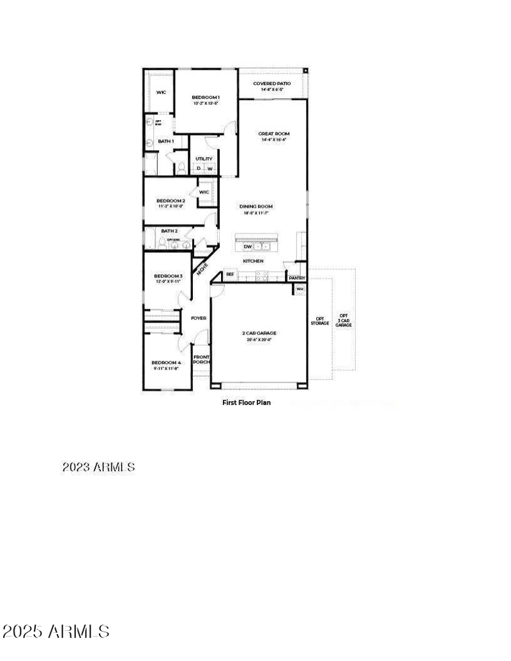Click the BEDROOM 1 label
click(206, 97)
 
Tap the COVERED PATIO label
click(272, 84)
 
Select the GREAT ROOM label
click(273, 133)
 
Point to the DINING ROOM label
click(256, 206)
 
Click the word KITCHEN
click(253, 261)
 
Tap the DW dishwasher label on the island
click(247, 246)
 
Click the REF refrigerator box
click(230, 275)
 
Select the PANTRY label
click(297, 278)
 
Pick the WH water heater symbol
click(299, 289)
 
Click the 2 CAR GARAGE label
click(259, 333)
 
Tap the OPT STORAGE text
click(320, 321)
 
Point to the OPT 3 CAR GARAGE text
click(344, 321)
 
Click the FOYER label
click(198, 317)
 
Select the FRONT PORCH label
click(201, 360)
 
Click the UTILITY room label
click(204, 158)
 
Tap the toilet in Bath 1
click(181, 167)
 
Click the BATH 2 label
click(169, 231)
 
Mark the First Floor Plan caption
click(247, 402)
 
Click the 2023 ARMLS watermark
click(98, 467)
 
